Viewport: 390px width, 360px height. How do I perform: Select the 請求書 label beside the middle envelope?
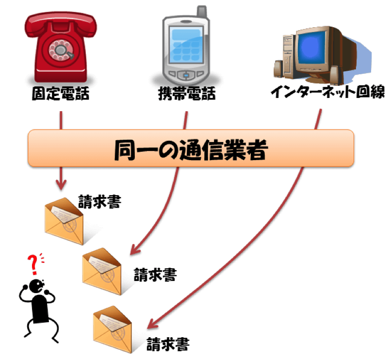pos(155,275)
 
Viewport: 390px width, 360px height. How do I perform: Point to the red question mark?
pos(33,264)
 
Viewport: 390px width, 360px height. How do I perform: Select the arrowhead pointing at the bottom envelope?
pos(152,323)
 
